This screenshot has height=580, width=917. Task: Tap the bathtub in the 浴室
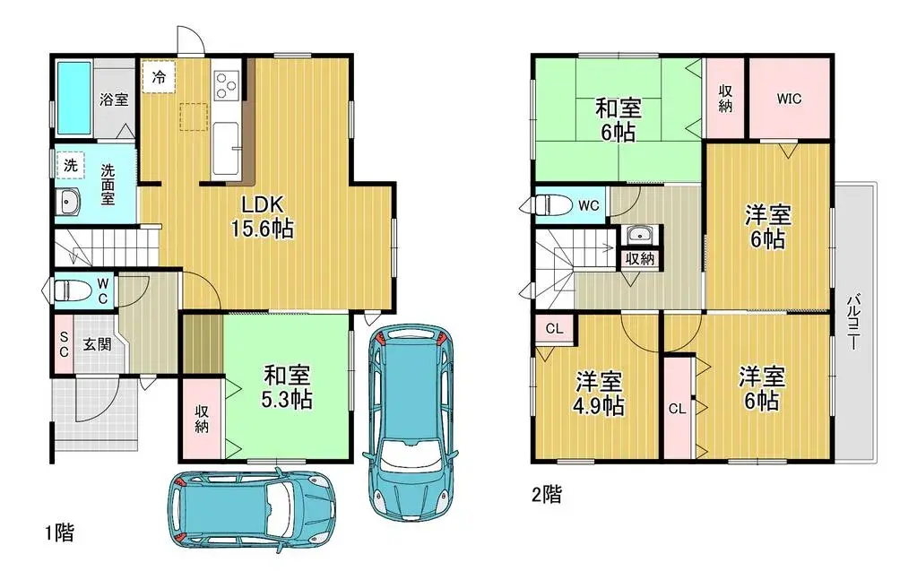coord(74,99)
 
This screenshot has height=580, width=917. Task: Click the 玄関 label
coord(98,343)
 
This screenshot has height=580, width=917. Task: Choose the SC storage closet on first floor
coord(63,343)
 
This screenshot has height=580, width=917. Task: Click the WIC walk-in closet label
coord(789,99)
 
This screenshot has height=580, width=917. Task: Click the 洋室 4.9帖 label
coord(600,393)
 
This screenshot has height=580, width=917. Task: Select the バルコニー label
coord(855,323)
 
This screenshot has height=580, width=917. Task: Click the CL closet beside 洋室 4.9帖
coord(554,329)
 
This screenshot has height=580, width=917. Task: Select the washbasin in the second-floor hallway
coord(639,236)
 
